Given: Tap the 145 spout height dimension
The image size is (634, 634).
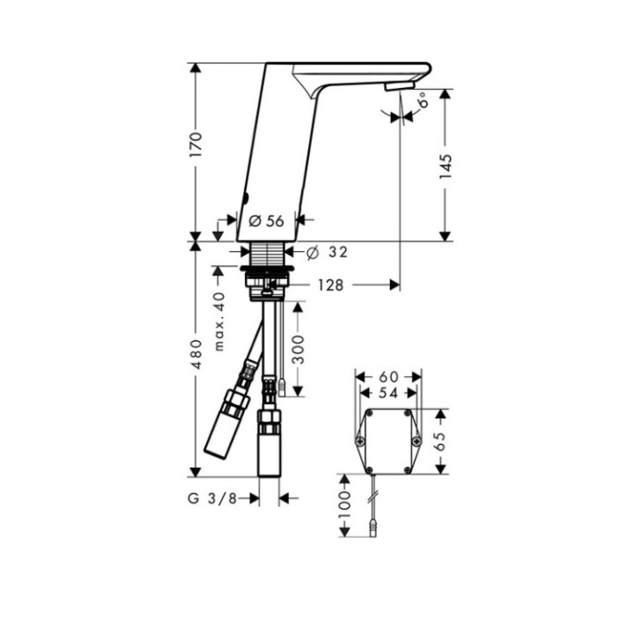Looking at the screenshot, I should click(x=446, y=167).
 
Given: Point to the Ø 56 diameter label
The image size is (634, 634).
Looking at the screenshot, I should click(x=267, y=222).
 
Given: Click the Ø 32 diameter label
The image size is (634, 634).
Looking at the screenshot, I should click(x=328, y=253).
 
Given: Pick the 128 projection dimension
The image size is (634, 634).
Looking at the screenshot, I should click(x=331, y=284).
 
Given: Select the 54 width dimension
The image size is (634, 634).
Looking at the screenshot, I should click(x=388, y=393).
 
